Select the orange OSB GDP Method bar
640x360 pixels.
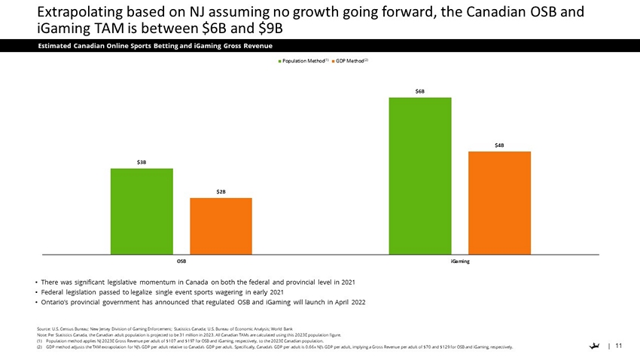[x=221, y=226]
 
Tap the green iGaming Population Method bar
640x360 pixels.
[x=419, y=175]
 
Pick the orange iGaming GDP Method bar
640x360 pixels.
[x=499, y=203]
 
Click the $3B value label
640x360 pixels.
[x=142, y=162]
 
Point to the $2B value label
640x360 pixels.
[x=221, y=192]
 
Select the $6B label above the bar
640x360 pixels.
[x=419, y=91]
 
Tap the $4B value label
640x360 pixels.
[x=499, y=145]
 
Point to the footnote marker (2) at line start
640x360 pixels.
[x=40, y=347]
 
